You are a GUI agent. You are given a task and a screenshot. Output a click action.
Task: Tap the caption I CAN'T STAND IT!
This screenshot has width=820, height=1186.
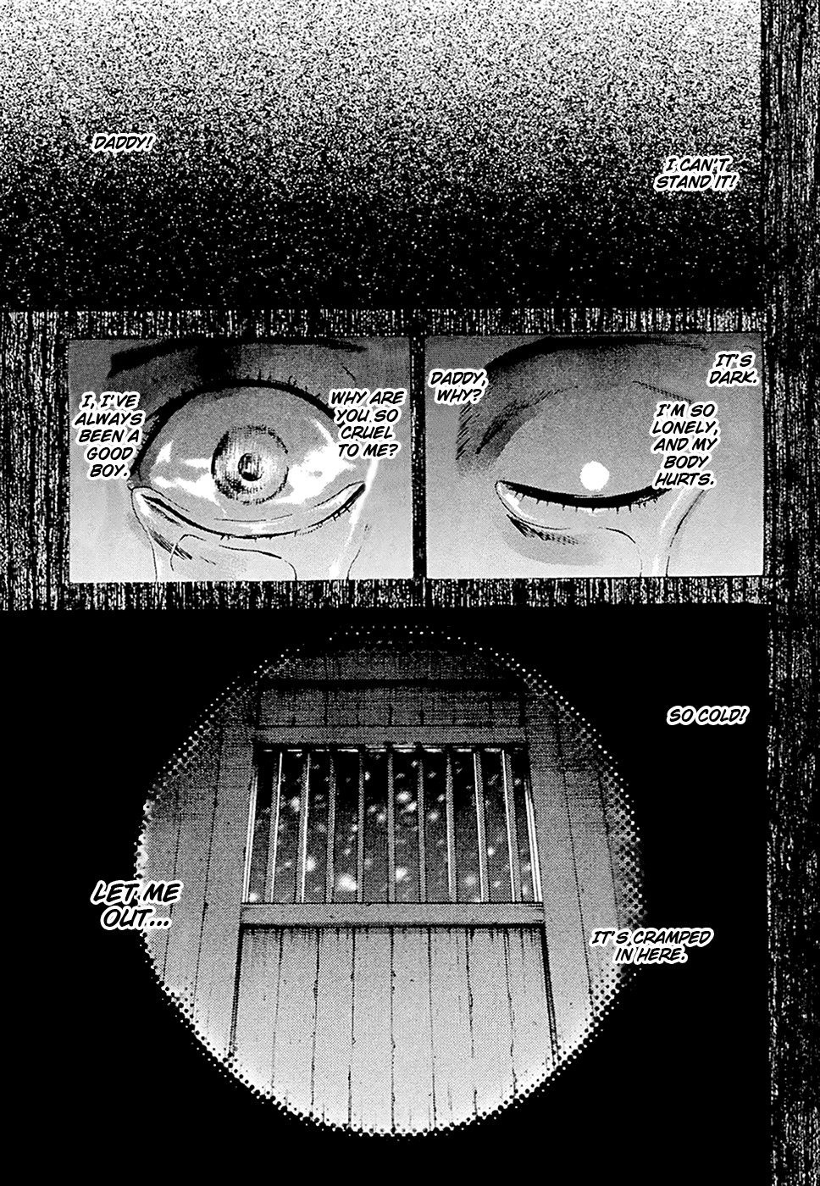695,175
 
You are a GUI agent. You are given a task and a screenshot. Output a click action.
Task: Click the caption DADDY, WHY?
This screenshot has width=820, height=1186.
457,386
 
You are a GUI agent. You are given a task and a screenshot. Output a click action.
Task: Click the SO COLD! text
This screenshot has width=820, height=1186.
706,717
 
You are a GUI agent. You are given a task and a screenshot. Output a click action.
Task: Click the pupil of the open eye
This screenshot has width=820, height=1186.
247,466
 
